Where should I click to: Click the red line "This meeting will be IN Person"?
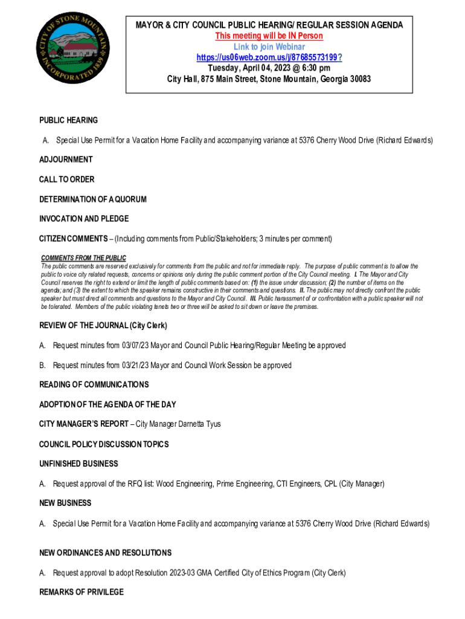[269, 36]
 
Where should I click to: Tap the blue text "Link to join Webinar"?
[269, 47]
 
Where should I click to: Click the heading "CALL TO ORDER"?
[67, 180]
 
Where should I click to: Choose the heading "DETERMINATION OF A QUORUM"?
[93, 199]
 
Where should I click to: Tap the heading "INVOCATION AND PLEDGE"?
[84, 218]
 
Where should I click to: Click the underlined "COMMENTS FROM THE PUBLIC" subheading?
[83, 258]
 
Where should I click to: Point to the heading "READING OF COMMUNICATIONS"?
[94, 384]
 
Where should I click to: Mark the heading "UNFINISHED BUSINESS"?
[79, 464]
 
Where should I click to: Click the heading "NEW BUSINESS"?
[65, 503]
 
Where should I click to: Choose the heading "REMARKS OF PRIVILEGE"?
[82, 592]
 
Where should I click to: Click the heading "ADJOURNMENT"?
[66, 160]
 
